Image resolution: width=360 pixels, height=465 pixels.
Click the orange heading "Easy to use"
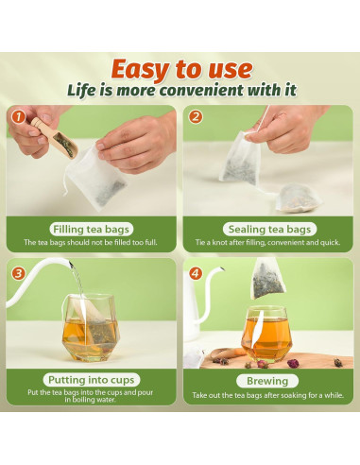[181, 69]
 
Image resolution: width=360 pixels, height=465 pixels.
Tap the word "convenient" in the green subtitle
[219, 91]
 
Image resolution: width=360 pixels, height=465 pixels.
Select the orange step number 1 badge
[17, 116]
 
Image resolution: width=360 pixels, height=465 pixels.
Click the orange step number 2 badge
[196, 116]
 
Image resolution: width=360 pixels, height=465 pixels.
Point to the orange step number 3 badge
[17, 274]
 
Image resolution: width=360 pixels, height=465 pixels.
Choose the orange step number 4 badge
[196, 274]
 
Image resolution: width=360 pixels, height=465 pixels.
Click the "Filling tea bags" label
[92, 229]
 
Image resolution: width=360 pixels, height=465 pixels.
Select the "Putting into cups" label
[92, 379]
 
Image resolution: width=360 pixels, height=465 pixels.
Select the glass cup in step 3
[91, 326]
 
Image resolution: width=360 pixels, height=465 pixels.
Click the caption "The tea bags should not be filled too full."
[92, 243]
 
